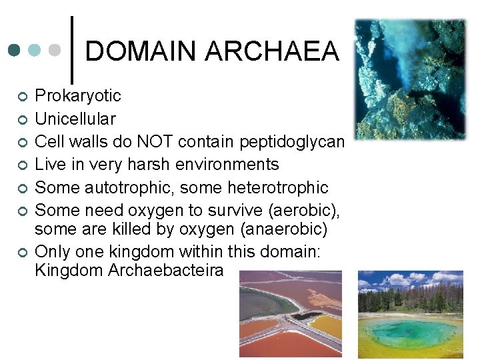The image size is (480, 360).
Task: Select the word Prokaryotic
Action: pyautogui.click(x=77, y=96)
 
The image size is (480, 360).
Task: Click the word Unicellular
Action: pyautogui.click(x=75, y=119)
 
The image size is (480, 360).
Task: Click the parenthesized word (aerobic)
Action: pyautogui.click(x=303, y=211)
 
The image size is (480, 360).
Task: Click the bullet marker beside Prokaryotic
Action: pyautogui.click(x=22, y=97)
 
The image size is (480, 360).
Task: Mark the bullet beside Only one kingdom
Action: pyautogui.click(x=22, y=253)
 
